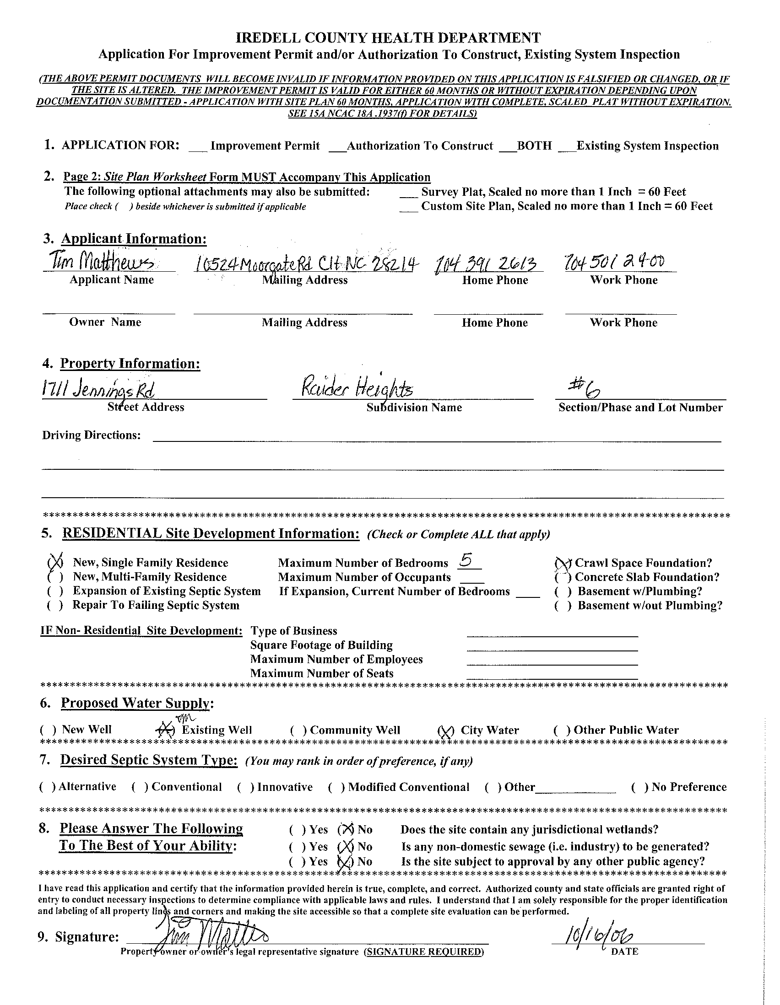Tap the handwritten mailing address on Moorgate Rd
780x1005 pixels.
coord(306,263)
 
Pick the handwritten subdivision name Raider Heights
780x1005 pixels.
coord(357,390)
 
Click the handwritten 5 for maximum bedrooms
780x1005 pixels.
coord(466,560)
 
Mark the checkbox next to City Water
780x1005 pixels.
coord(445,731)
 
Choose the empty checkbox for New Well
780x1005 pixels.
coord(49,730)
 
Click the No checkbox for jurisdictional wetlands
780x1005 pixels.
coord(345,830)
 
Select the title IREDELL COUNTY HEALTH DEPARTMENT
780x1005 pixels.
coord(388,38)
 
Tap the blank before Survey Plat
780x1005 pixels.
coord(408,192)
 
